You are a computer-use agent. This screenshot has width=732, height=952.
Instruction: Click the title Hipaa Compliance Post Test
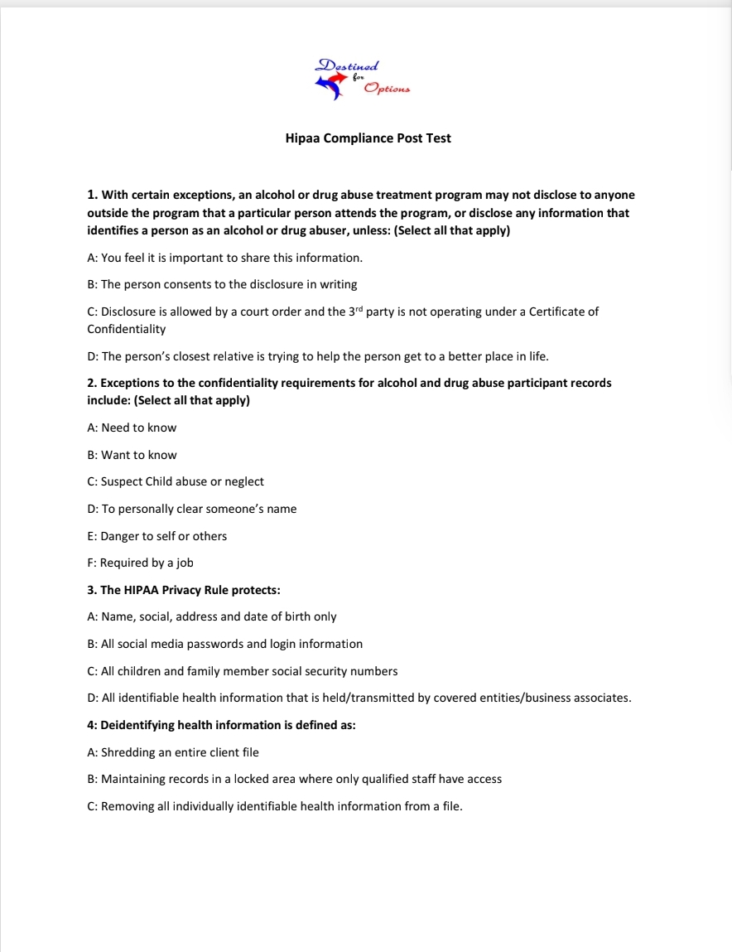tap(368, 138)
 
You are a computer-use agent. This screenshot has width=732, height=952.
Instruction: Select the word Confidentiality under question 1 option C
tap(126, 329)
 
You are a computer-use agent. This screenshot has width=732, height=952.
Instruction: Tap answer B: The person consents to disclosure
tap(222, 284)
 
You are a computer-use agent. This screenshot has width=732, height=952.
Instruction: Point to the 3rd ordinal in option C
tap(355, 312)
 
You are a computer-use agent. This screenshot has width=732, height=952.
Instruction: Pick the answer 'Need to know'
tap(132, 428)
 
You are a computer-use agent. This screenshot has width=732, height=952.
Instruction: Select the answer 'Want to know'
tap(132, 455)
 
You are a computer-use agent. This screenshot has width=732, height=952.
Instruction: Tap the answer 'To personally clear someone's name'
tap(191, 509)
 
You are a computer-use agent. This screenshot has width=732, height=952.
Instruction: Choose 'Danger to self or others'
tap(157, 536)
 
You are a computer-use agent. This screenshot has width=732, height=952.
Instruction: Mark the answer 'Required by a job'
tap(140, 563)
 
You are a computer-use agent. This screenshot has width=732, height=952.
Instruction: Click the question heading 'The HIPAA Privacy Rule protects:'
tap(184, 590)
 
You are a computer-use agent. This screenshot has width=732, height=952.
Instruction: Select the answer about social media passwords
tap(224, 644)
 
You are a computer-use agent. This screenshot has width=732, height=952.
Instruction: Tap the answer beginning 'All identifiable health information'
tap(359, 698)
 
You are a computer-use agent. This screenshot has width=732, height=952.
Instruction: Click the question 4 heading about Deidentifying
tap(221, 725)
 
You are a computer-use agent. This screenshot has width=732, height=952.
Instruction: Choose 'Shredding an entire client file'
tap(173, 752)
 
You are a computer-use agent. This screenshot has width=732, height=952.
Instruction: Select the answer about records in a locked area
tap(294, 779)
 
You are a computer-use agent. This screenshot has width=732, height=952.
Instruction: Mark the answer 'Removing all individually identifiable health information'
tap(274, 806)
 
